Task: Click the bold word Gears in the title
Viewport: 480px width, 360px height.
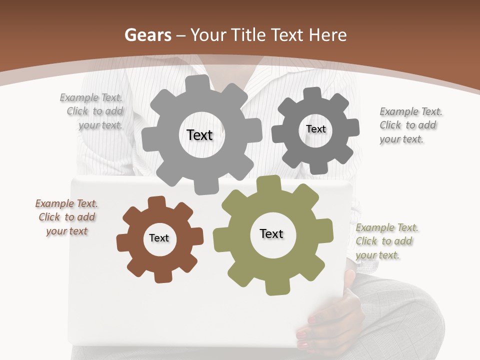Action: [x=147, y=35]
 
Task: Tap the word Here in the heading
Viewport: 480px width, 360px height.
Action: [x=327, y=35]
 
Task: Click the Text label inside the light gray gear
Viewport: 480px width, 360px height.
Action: [x=199, y=135]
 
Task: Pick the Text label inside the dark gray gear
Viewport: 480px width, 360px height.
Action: [x=315, y=129]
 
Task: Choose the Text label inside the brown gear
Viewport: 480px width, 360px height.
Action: [x=159, y=238]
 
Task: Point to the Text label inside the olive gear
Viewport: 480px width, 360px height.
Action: [x=271, y=233]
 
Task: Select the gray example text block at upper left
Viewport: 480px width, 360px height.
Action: [x=92, y=111]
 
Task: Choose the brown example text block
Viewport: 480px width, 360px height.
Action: [x=66, y=217]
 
